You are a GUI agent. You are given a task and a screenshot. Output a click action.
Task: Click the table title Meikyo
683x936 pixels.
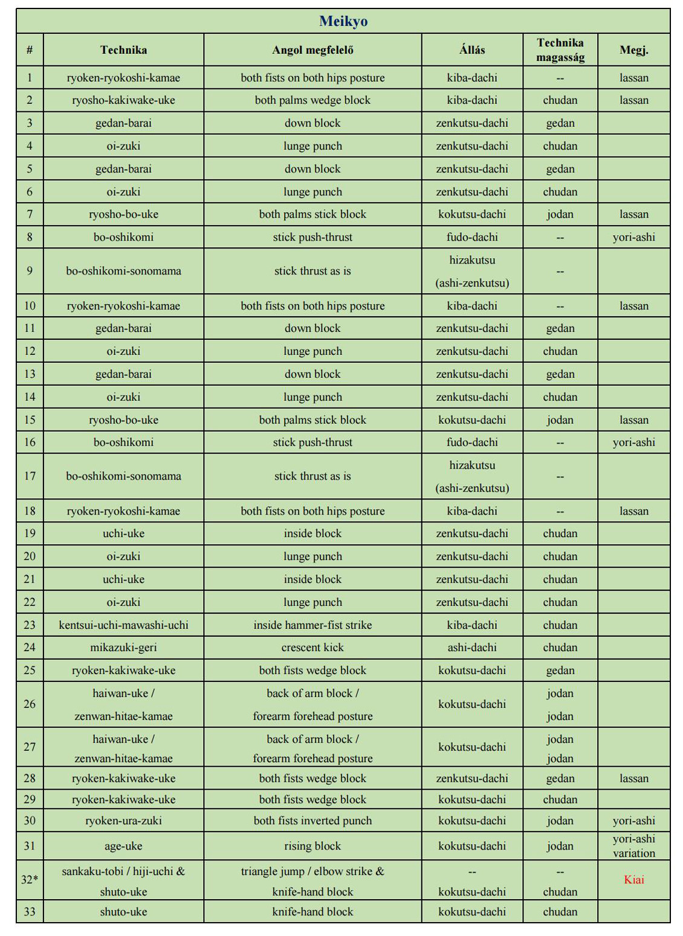pos(343,21)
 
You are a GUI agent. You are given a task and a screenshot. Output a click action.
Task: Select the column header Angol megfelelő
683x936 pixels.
pos(312,50)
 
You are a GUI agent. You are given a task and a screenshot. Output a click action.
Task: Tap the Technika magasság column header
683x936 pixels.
pos(560,50)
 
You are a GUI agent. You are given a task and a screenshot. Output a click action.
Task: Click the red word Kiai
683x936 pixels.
pos(633,880)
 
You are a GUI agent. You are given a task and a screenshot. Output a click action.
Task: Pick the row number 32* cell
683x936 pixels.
pos(30,880)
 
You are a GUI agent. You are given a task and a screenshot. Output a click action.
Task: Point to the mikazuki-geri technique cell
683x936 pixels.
pos(123,648)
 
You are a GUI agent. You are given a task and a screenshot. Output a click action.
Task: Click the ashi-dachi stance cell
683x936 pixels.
pos(471,648)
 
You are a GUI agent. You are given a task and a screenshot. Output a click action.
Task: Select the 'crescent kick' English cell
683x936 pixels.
pos(312,648)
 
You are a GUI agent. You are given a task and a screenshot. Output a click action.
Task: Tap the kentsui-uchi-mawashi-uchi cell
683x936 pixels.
pos(123,625)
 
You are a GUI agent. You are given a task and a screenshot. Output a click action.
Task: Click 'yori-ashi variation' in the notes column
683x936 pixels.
pos(633,846)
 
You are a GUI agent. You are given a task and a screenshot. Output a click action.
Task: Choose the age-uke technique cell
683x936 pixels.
pos(123,846)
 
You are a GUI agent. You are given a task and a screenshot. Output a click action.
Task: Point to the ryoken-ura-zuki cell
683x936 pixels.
pos(123,821)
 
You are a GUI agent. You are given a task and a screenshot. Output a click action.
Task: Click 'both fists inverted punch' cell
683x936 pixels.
pos(312,821)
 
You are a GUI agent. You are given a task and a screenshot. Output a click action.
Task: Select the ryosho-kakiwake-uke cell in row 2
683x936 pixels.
pos(123,100)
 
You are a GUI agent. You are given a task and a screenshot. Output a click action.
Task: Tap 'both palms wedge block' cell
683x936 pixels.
pos(312,100)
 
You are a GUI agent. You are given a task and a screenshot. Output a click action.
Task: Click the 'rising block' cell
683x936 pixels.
pos(312,846)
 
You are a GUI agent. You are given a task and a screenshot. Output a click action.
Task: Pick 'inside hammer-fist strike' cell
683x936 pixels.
pos(312,625)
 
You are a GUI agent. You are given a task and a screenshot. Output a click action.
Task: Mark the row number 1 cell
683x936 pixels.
pos(30,77)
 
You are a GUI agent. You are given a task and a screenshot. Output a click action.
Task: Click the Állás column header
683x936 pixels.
pos(471,50)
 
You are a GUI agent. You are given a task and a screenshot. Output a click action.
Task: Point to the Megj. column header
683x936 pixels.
pos(633,50)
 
